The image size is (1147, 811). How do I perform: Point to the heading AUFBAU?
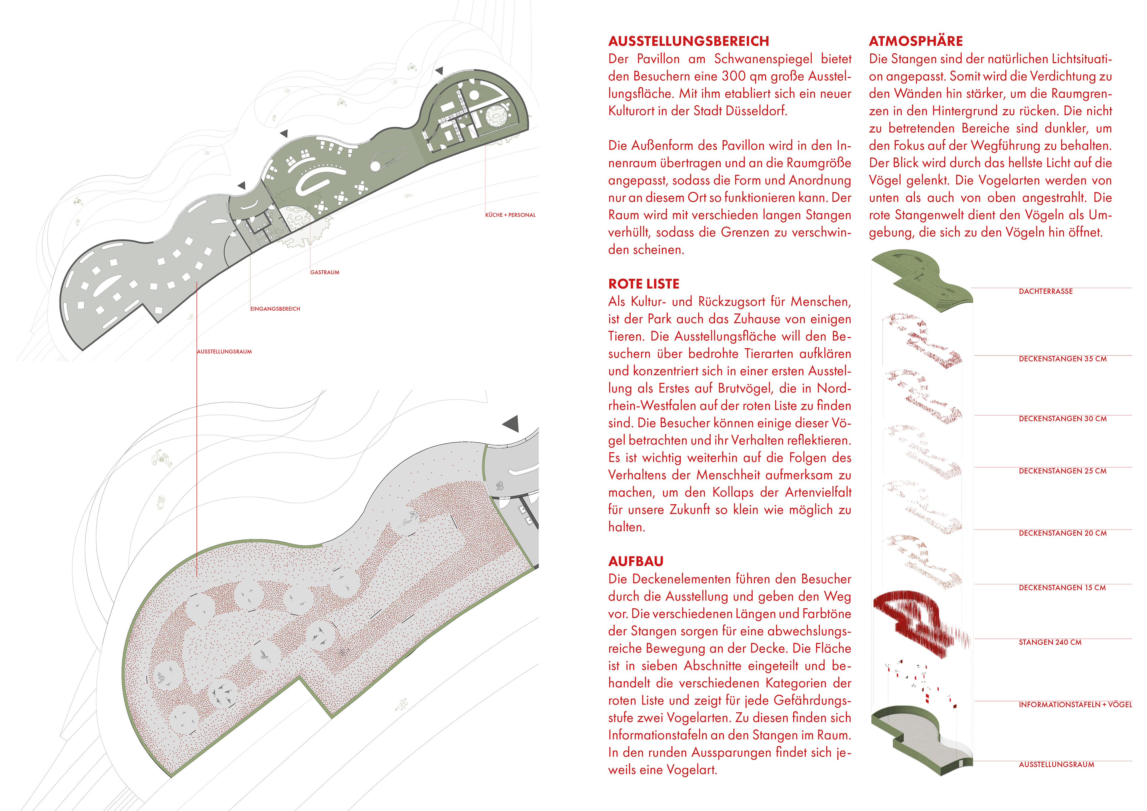click(635, 561)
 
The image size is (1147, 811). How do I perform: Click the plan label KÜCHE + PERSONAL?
click(510, 215)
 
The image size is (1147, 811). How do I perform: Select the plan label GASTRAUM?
click(325, 272)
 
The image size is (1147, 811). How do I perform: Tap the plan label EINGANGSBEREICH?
click(275, 309)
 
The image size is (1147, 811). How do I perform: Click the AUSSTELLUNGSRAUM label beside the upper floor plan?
click(224, 352)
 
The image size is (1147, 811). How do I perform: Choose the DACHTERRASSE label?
click(1045, 291)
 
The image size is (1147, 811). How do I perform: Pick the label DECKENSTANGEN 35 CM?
click(1062, 359)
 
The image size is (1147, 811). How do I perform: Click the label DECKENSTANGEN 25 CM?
click(1062, 471)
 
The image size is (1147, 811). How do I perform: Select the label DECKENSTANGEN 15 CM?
click(1062, 588)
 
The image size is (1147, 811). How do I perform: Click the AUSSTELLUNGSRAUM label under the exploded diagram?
click(1056, 764)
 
